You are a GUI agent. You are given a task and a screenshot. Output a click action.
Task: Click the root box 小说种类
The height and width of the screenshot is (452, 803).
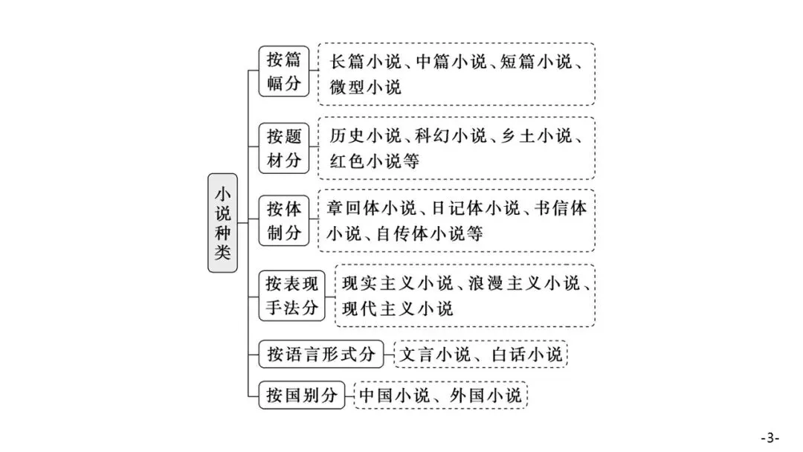coord(222,223)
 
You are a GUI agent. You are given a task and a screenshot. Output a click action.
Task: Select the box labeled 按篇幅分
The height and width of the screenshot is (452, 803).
coord(284,71)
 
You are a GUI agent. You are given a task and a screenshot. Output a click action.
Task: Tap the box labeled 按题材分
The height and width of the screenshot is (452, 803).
coord(284,148)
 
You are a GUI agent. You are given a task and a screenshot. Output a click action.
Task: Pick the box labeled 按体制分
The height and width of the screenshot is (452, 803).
coord(284,221)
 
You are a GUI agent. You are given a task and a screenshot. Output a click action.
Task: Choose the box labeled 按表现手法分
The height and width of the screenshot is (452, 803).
coord(292,296)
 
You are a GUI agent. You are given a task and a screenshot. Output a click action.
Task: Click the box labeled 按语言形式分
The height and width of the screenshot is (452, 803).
coord(321,354)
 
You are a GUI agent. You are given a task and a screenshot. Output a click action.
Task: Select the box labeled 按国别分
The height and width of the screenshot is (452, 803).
coord(302,395)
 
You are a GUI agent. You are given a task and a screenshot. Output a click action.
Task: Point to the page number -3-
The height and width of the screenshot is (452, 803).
coord(770,438)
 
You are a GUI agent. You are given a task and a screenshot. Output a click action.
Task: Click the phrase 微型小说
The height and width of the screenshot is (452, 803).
coord(365,87)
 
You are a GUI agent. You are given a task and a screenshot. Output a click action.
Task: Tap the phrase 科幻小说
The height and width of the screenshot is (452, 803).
coord(451,135)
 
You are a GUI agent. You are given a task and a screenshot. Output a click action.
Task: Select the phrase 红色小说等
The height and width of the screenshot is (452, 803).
coord(374,161)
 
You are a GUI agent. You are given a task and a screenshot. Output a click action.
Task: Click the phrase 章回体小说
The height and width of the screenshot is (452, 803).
coord(372,208)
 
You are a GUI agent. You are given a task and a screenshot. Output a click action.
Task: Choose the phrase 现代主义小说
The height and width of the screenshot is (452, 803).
coord(397,309)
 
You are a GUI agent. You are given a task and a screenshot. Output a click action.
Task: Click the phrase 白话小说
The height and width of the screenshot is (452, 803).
coord(527,354)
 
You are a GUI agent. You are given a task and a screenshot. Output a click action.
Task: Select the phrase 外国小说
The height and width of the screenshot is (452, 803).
coord(486,395)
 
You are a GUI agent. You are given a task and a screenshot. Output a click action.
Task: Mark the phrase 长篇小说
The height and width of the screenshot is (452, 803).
coord(365,62)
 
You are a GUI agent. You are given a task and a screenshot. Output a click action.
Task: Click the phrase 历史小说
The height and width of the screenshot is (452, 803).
coord(365,135)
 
